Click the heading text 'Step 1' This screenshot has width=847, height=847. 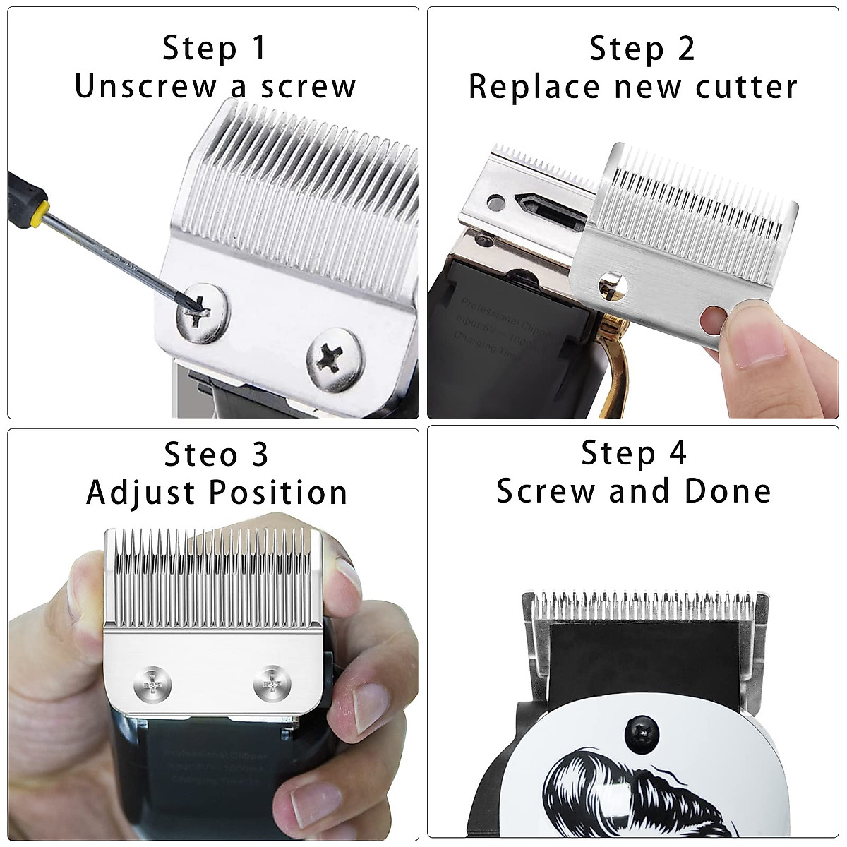click(215, 48)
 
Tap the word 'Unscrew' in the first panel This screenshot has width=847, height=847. click(145, 87)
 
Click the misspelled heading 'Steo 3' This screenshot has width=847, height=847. click(216, 454)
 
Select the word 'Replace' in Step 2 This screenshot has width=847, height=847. click(534, 88)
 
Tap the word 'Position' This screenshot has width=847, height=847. click(292, 493)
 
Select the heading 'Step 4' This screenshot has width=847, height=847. click(633, 453)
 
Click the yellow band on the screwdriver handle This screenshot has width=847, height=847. click(36, 210)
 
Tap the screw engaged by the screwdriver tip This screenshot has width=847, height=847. click(203, 312)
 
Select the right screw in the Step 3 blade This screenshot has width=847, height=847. click(272, 684)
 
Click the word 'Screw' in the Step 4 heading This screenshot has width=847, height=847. click(545, 491)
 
